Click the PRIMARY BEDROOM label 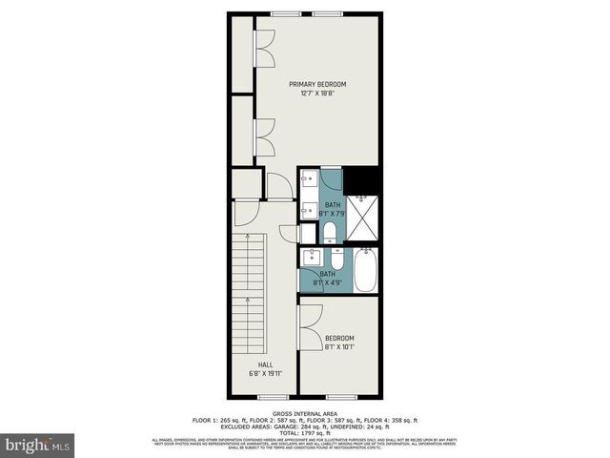pyautogui.click(x=317, y=85)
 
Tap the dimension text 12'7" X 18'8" pyautogui.click(x=317, y=94)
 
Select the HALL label pyautogui.click(x=265, y=364)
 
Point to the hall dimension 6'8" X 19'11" pyautogui.click(x=265, y=373)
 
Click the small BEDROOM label pyautogui.click(x=339, y=339)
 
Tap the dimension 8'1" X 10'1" pyautogui.click(x=339, y=347)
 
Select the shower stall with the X pyautogui.click(x=362, y=219)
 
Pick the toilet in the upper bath pyautogui.click(x=328, y=231)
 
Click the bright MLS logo pyautogui.click(x=38, y=445)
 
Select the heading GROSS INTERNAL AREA pyautogui.click(x=304, y=411)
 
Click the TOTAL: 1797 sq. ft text pyautogui.click(x=304, y=431)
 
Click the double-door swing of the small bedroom pyautogui.click(x=309, y=329)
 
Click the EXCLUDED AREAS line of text pyautogui.click(x=304, y=425)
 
